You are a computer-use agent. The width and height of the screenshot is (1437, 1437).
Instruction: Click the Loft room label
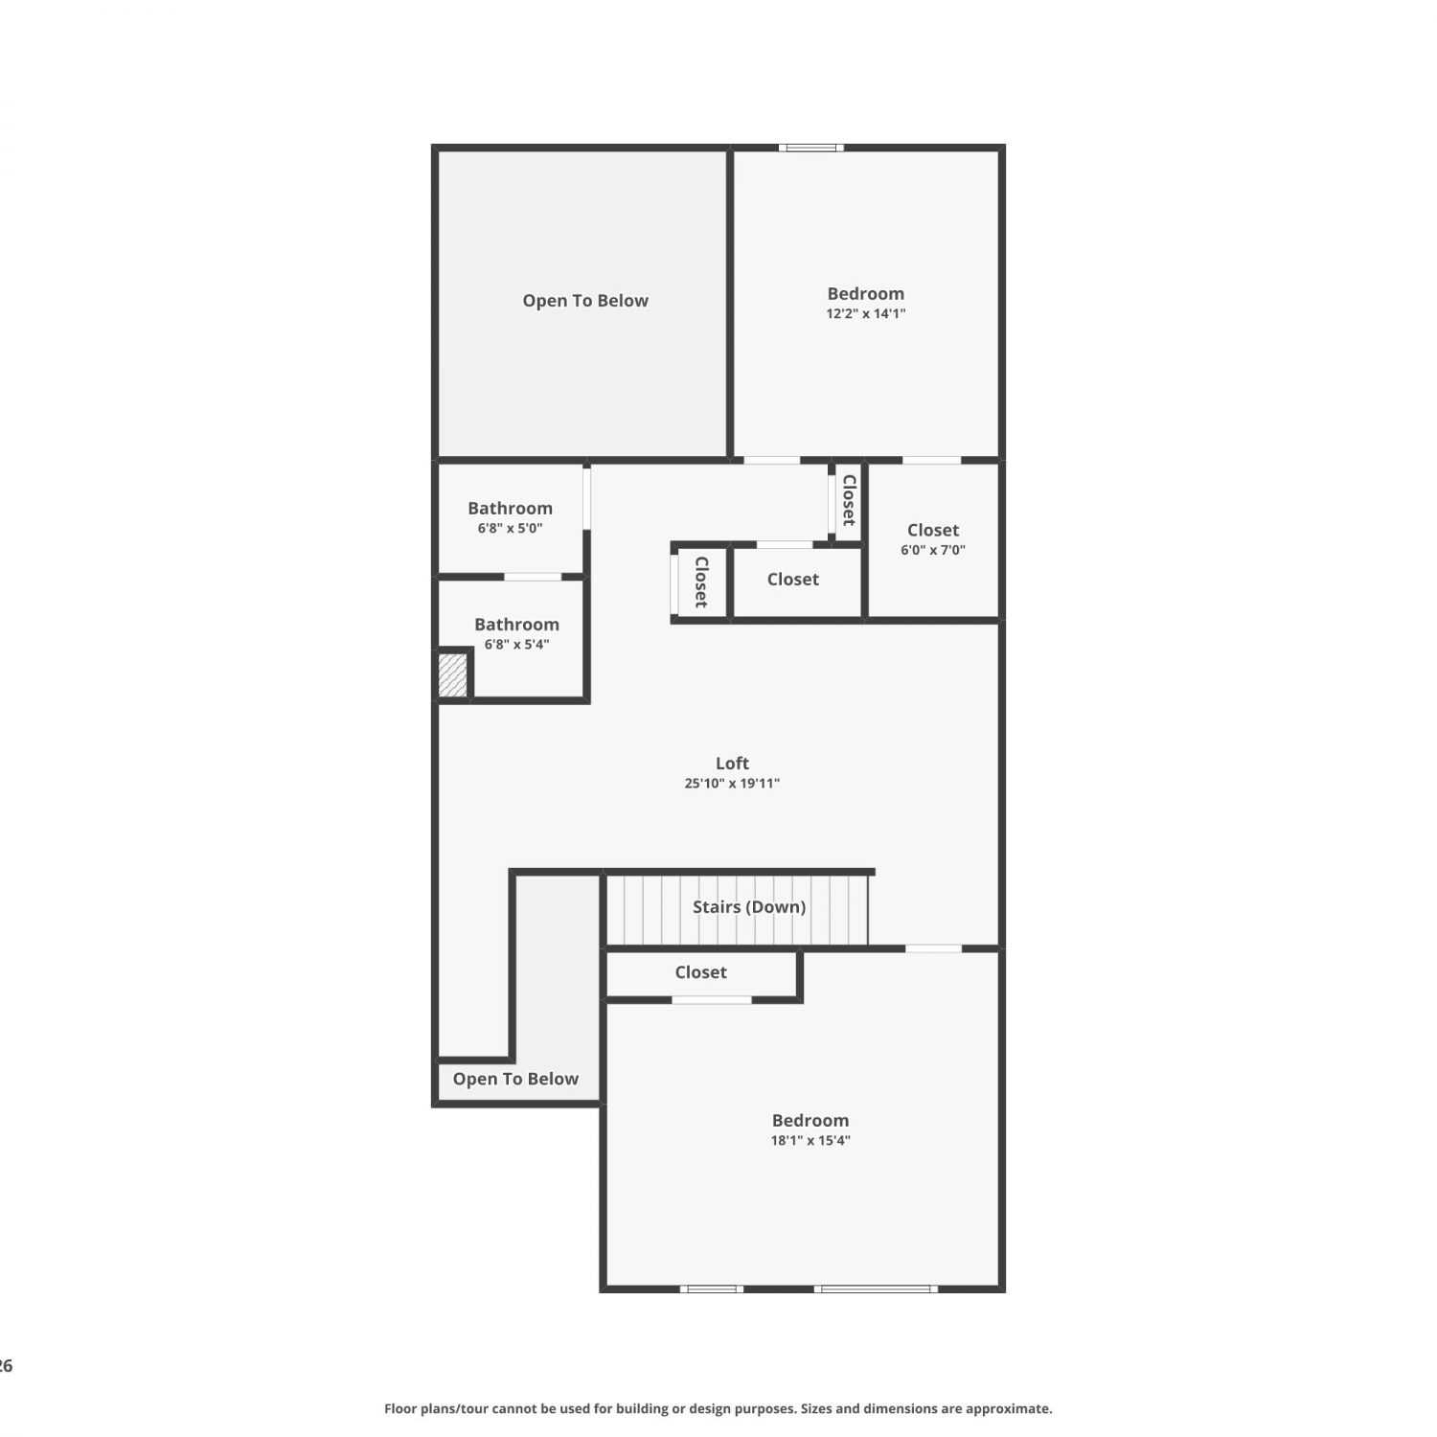click(732, 764)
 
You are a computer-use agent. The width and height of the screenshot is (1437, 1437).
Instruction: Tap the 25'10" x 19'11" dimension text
click(732, 784)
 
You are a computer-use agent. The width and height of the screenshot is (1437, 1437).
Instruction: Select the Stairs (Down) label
click(749, 906)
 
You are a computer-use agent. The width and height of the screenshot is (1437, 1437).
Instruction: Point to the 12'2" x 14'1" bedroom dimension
click(866, 313)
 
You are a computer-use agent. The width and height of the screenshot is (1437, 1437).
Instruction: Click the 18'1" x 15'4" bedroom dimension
click(810, 1140)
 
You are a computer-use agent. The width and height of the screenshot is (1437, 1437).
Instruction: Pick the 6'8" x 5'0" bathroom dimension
click(511, 528)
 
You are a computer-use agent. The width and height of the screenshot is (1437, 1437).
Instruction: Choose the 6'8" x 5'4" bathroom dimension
click(516, 645)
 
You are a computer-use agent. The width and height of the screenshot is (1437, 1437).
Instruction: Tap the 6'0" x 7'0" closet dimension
click(933, 550)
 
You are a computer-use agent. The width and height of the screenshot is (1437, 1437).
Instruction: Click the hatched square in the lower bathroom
click(452, 674)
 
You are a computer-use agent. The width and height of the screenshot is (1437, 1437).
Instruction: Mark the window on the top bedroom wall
click(811, 148)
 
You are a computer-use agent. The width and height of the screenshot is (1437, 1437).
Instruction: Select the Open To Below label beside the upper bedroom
click(585, 301)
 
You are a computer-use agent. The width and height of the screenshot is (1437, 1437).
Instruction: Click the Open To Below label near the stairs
click(515, 1079)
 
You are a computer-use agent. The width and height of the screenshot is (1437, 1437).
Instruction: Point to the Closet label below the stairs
click(700, 972)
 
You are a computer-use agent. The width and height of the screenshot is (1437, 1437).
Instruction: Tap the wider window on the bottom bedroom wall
click(877, 1289)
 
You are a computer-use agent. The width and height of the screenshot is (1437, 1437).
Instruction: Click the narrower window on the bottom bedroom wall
click(712, 1289)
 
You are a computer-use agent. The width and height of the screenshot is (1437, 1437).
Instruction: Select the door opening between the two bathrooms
click(533, 577)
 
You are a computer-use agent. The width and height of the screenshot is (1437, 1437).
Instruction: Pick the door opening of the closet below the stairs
click(712, 1000)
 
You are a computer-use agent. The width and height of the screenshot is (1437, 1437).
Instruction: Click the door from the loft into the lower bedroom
click(934, 948)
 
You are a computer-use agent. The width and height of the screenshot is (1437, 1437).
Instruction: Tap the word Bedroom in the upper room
click(866, 294)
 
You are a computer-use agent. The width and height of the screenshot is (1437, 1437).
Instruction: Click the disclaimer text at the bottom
click(718, 1408)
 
